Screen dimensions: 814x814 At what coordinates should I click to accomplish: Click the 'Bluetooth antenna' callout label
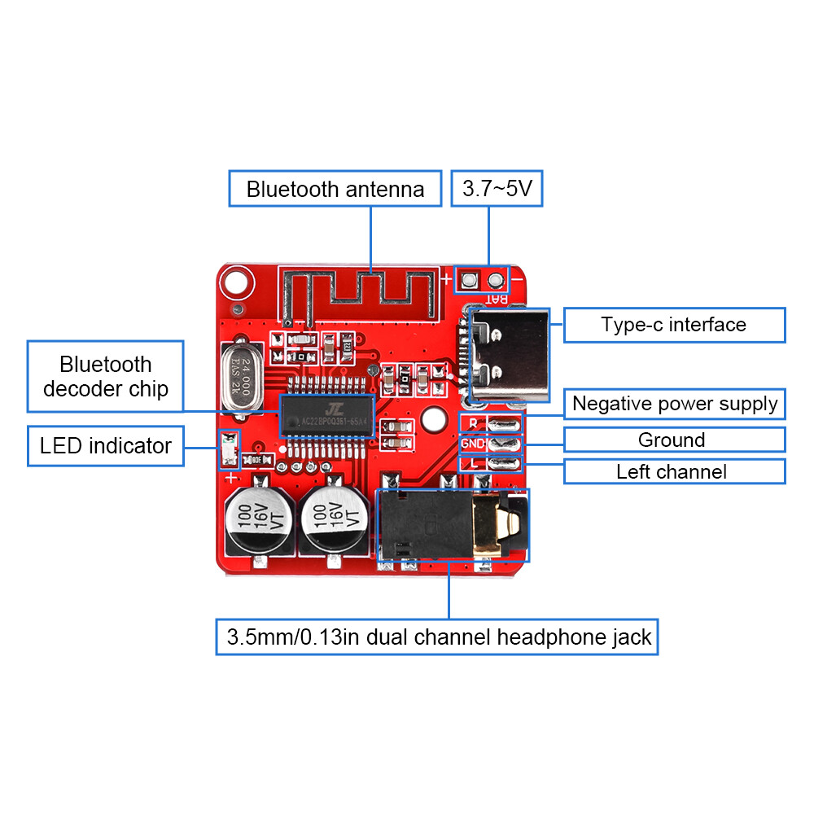(335, 189)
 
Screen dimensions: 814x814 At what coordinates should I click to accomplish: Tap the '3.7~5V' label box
(497, 189)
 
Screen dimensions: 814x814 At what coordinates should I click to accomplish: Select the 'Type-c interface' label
(674, 325)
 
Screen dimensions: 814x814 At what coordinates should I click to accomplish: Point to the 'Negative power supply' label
(674, 404)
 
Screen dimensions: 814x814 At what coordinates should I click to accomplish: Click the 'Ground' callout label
(674, 440)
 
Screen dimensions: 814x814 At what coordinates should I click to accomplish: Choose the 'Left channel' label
(674, 471)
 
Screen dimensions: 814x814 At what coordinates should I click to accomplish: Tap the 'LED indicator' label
(106, 446)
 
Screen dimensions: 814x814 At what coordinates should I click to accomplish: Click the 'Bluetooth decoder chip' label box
(106, 376)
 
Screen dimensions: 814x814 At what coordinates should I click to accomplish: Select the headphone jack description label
(437, 637)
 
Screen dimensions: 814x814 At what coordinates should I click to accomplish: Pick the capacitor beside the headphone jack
(335, 518)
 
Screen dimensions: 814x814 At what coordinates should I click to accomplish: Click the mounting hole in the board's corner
(235, 283)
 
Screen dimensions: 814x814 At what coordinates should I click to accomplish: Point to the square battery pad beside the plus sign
(469, 282)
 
